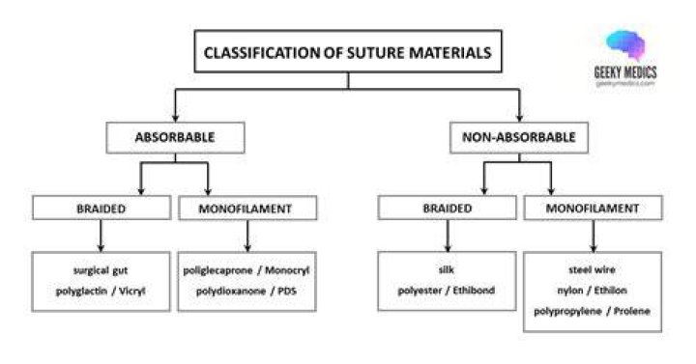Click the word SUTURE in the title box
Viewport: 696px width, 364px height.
(375, 53)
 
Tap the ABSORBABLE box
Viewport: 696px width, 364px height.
(175, 137)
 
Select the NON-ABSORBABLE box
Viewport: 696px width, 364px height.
(519, 137)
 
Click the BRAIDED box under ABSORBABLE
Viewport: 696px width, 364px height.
(101, 208)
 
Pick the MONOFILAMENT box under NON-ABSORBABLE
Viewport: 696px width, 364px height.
(593, 208)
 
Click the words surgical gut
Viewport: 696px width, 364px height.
(101, 270)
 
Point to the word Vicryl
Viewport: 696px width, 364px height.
(132, 291)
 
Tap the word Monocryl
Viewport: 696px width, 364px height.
(287, 270)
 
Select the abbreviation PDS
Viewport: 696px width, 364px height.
(287, 291)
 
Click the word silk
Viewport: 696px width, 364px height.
(446, 269)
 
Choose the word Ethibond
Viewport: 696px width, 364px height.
(474, 290)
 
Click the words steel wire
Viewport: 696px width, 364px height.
(593, 269)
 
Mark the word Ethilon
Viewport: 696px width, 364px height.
(610, 290)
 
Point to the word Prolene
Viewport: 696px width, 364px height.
(631, 311)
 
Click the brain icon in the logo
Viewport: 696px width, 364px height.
(625, 45)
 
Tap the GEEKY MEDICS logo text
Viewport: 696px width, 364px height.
(625, 72)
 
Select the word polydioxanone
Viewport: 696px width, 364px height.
(231, 292)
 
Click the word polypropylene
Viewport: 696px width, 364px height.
(567, 311)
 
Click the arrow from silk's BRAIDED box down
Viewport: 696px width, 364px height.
(448, 236)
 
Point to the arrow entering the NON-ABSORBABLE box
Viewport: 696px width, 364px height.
(519, 105)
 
